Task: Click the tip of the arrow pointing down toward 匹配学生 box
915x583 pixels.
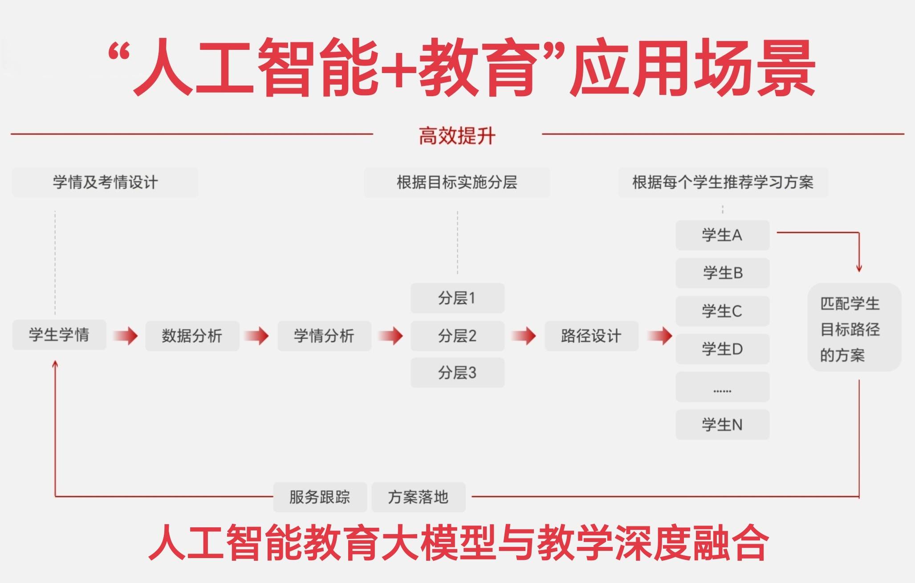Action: click(x=859, y=272)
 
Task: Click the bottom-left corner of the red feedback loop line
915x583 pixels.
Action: click(x=55, y=496)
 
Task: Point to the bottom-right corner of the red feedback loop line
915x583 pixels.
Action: click(x=859, y=496)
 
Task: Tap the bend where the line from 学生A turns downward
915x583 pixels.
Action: click(x=859, y=232)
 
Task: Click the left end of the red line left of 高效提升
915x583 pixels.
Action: click(x=11, y=134)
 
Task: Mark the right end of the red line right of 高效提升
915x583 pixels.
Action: click(x=904, y=134)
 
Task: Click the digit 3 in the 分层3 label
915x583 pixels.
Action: click(x=472, y=373)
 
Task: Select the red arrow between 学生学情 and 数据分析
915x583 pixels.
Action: click(x=126, y=335)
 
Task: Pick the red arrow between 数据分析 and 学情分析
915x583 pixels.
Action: click(x=257, y=336)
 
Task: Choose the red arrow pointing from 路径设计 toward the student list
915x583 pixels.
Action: click(x=660, y=336)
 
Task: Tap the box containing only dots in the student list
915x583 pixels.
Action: click(x=722, y=387)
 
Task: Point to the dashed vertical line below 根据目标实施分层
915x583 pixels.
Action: click(x=457, y=243)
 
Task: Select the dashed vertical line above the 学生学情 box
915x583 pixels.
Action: click(x=55, y=263)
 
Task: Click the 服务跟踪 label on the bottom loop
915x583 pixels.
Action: click(x=320, y=497)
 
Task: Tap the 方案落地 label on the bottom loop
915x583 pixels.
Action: click(x=418, y=497)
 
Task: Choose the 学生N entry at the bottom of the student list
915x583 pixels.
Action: click(x=722, y=424)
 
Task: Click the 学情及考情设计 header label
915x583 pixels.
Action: click(x=105, y=182)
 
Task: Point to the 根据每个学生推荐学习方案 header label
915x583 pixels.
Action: click(x=723, y=182)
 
